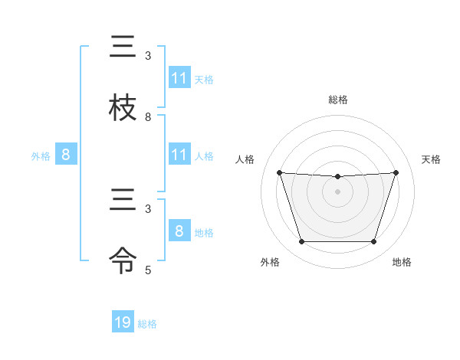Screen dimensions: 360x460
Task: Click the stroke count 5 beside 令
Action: (148, 270)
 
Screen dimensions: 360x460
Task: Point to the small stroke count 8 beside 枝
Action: (148, 117)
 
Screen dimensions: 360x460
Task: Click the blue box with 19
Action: (123, 322)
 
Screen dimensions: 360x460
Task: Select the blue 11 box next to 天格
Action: (179, 78)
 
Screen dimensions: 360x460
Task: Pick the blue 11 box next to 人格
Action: (179, 155)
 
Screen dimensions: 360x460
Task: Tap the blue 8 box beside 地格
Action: (179, 231)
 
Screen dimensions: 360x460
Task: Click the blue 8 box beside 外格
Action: (66, 155)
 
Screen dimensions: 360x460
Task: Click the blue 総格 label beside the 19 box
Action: (147, 324)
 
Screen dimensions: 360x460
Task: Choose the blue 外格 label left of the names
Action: (41, 156)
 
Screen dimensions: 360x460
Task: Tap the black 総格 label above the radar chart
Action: (337, 100)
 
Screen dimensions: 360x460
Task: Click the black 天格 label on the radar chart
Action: (431, 159)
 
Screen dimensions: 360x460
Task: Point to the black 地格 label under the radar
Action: (402, 263)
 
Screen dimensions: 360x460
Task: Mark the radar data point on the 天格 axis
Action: (396, 172)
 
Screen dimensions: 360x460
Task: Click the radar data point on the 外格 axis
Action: (301, 242)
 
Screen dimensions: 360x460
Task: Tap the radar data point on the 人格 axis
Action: (279, 172)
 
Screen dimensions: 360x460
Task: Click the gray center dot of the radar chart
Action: (337, 191)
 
